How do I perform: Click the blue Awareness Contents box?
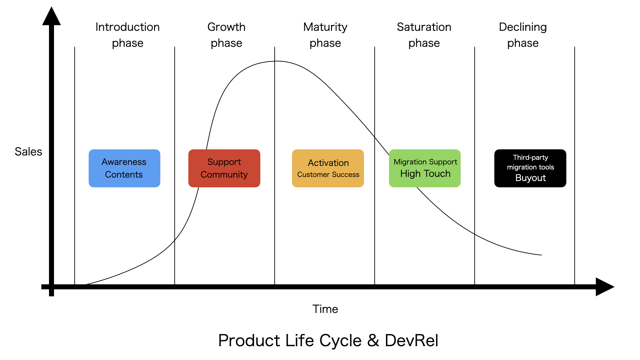(124, 168)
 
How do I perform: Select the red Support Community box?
(224, 168)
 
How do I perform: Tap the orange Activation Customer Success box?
(328, 168)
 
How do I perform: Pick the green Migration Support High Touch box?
(425, 168)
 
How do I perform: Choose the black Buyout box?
(530, 168)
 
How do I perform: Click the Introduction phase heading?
(127, 35)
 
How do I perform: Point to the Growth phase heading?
(226, 35)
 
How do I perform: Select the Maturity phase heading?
(325, 35)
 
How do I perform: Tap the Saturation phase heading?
(424, 35)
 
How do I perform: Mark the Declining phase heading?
(523, 35)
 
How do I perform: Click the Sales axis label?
(28, 152)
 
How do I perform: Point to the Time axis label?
(325, 309)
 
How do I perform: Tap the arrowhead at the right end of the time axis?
(604, 287)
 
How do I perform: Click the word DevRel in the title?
(411, 341)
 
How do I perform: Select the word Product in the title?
(249, 341)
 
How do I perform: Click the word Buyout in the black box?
(530, 178)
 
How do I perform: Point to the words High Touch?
(425, 174)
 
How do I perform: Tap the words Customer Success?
(328, 175)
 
